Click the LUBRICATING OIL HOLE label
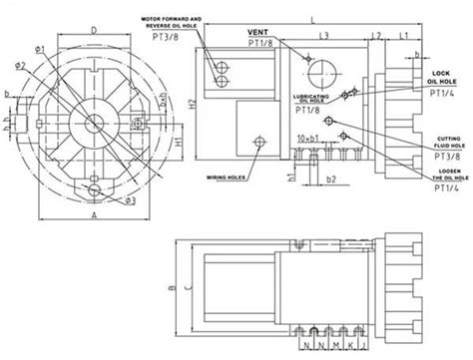point(305,98)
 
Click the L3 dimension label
point(323,35)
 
